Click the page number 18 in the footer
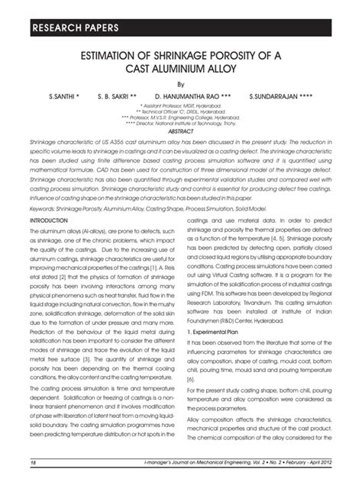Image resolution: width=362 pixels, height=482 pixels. click(32, 463)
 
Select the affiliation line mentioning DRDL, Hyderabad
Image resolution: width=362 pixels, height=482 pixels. click(181, 114)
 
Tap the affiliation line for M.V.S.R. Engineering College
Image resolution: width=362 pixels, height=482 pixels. click(181, 119)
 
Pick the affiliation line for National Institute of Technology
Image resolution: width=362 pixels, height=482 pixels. click(181, 124)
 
